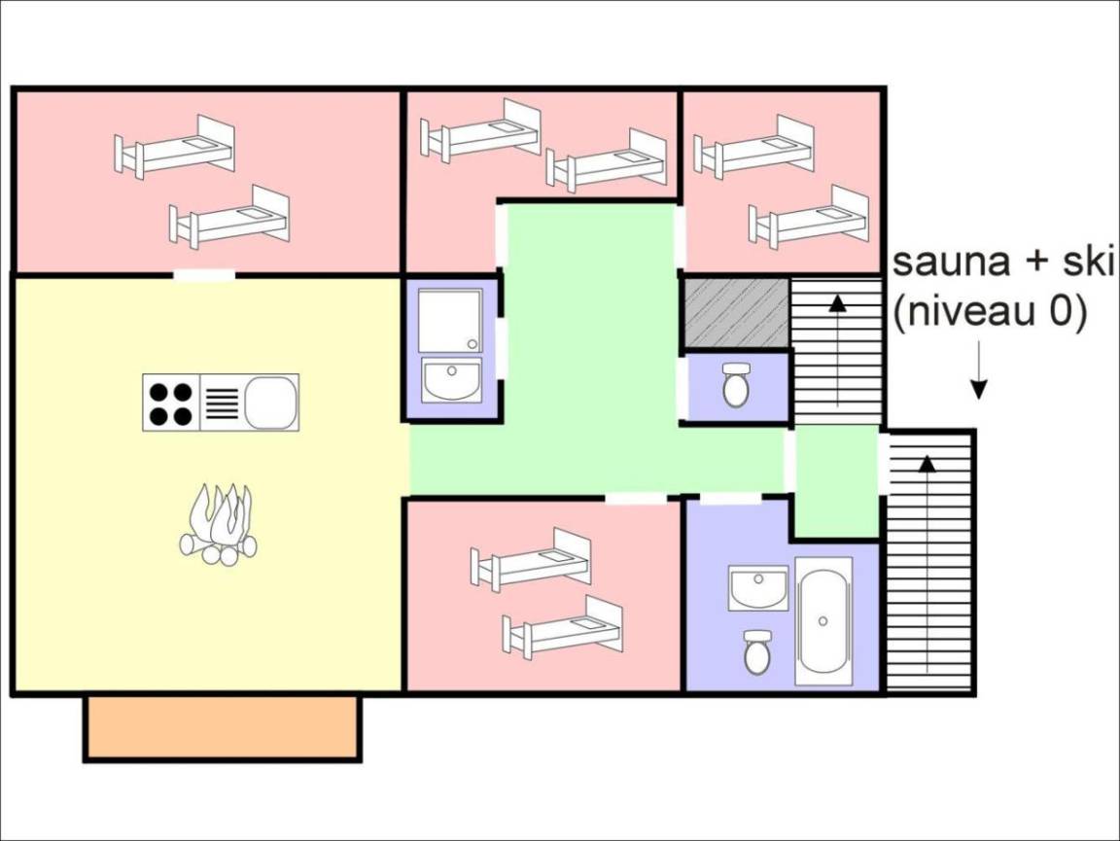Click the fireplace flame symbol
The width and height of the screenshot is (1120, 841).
(x=218, y=524)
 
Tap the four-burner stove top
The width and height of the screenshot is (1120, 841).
(x=171, y=403)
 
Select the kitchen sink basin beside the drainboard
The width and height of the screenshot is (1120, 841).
(x=270, y=403)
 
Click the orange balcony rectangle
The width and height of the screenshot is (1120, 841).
(x=223, y=727)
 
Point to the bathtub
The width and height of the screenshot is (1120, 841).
(x=823, y=621)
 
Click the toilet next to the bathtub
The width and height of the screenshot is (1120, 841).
(x=756, y=651)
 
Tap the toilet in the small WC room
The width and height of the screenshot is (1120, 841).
(x=736, y=384)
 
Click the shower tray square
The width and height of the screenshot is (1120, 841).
(x=450, y=320)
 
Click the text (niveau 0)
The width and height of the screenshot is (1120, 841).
(x=990, y=311)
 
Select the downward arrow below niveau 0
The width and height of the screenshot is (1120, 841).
(x=979, y=369)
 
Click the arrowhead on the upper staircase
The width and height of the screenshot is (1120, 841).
(x=837, y=303)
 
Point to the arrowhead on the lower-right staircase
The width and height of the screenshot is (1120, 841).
(x=927, y=463)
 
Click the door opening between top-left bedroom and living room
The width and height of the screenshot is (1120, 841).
(x=205, y=274)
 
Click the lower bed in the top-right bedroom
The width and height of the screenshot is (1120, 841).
(x=809, y=217)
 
